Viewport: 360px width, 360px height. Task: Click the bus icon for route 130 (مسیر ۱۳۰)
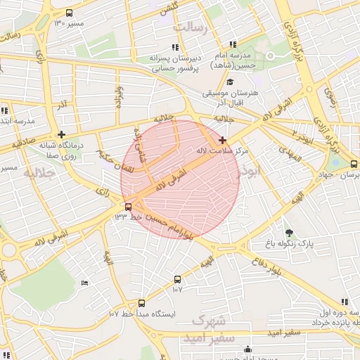tap(69, 13)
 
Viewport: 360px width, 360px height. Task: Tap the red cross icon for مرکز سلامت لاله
tap(223, 140)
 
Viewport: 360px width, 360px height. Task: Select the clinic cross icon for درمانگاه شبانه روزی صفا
tap(62, 134)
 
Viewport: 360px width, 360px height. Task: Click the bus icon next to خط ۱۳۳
tap(127, 207)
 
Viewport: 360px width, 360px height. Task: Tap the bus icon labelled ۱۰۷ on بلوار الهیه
tap(177, 279)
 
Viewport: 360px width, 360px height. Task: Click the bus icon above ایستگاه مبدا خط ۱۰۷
tap(141, 304)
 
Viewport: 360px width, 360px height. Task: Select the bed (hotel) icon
tap(85, 283)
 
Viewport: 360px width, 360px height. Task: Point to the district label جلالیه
tap(39, 172)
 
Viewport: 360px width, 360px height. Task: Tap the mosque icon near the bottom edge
tap(247, 350)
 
